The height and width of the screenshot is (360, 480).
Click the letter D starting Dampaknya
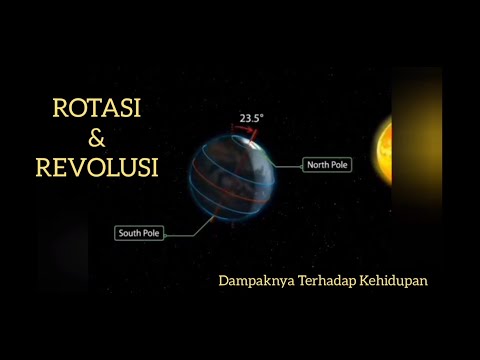[x=223, y=281]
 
